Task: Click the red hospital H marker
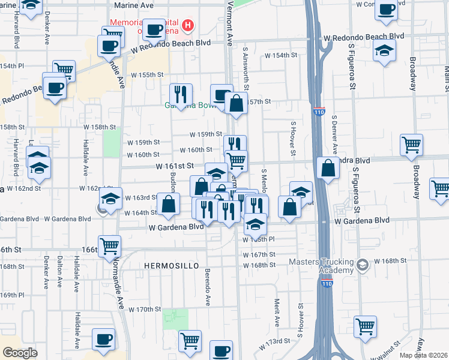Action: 188,25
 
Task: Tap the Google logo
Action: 20,353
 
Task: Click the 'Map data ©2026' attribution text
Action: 424,355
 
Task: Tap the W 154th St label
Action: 282,55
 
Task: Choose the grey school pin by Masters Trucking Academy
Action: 362,265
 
